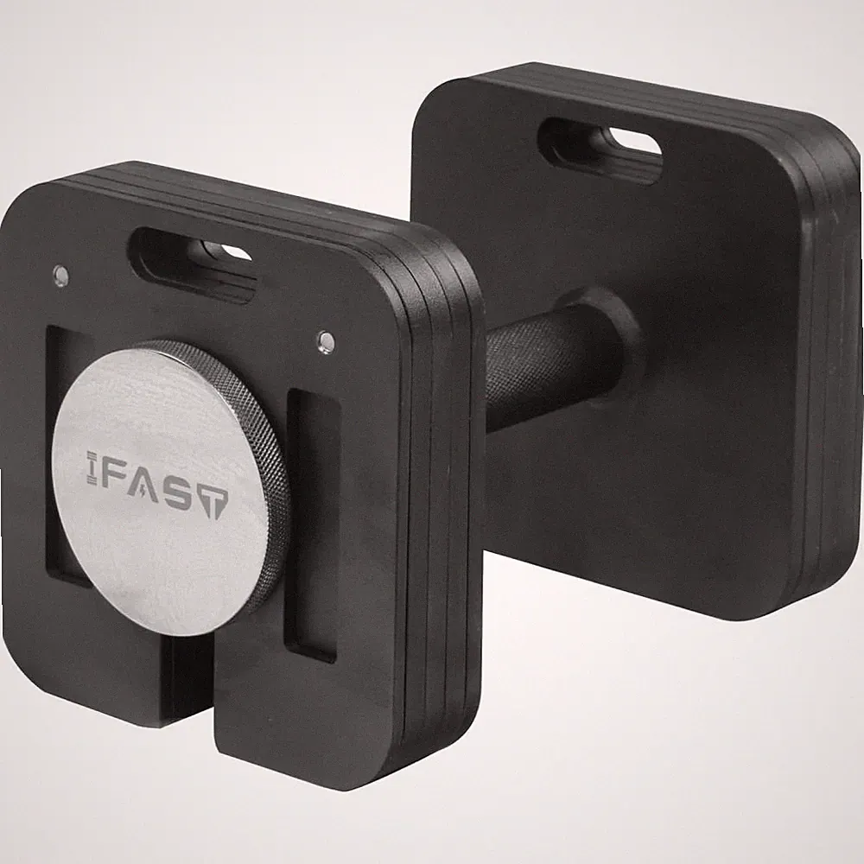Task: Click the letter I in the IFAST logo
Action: (92, 468)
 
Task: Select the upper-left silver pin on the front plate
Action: (60, 273)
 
